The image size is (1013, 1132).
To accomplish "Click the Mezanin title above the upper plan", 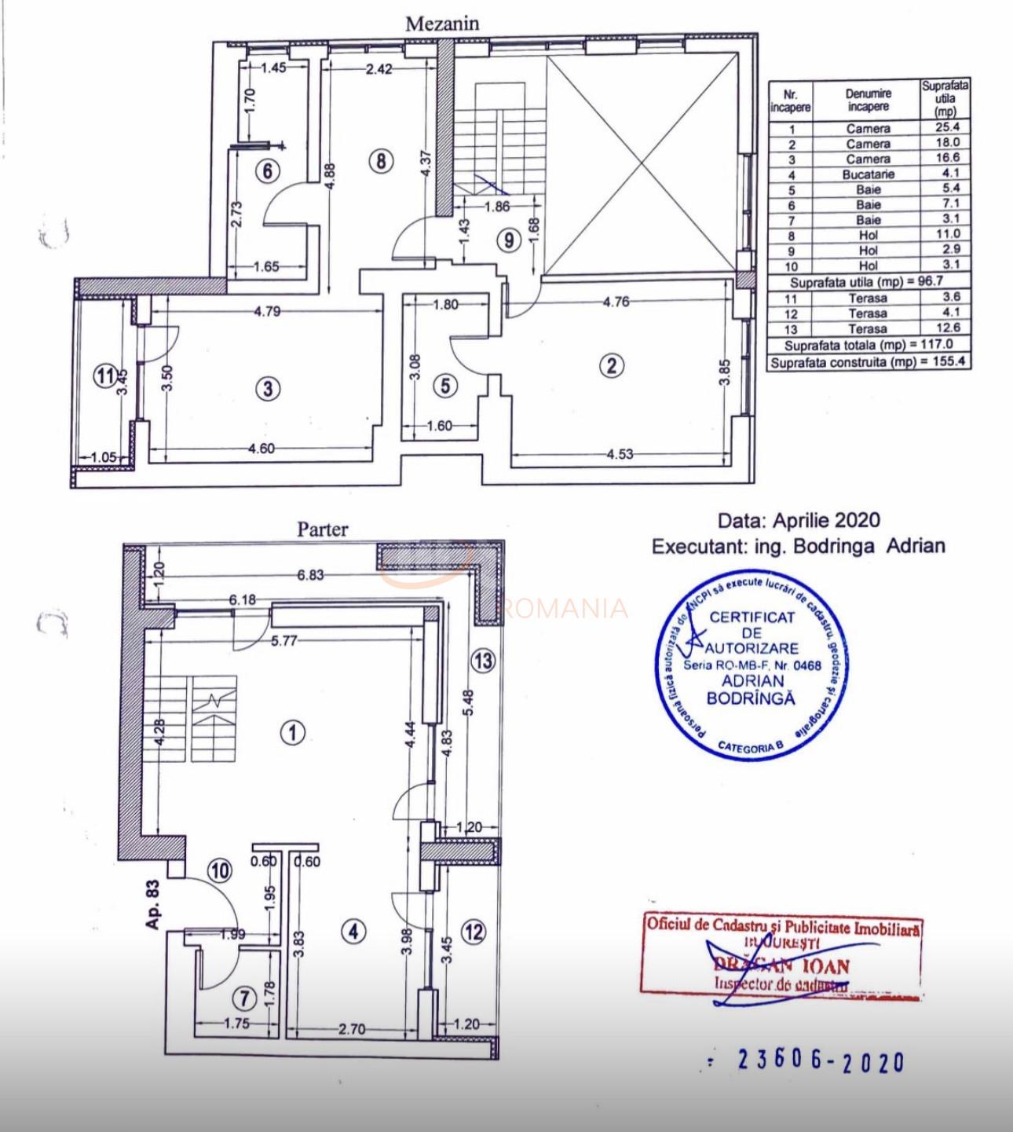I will (x=442, y=24).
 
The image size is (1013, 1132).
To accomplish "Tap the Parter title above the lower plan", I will (x=322, y=529).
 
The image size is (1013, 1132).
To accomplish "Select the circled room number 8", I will (x=381, y=161).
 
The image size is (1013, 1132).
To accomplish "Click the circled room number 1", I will (x=293, y=733).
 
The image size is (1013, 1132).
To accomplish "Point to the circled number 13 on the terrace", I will (x=483, y=661).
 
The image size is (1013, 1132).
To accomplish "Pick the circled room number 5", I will (x=445, y=386).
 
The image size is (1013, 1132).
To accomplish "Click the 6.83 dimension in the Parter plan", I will (x=310, y=575).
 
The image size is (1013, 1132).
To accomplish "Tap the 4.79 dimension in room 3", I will (x=267, y=311).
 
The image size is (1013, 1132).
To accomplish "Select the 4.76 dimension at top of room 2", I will (x=616, y=302).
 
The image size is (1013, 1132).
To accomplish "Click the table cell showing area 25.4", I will (x=947, y=127).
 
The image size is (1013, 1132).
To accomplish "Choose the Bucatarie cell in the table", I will (x=868, y=174).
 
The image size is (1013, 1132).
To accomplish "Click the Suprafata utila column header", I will (x=945, y=98).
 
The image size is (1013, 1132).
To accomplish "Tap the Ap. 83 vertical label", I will (x=152, y=904).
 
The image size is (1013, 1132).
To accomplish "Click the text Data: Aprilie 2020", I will (x=799, y=520).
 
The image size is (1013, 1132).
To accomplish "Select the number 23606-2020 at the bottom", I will (x=821, y=1061).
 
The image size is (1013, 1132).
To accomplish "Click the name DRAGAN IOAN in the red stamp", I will (x=781, y=965).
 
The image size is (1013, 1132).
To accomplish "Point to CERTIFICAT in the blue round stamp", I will (x=752, y=617).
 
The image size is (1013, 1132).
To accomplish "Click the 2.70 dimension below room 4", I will (x=352, y=1028).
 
